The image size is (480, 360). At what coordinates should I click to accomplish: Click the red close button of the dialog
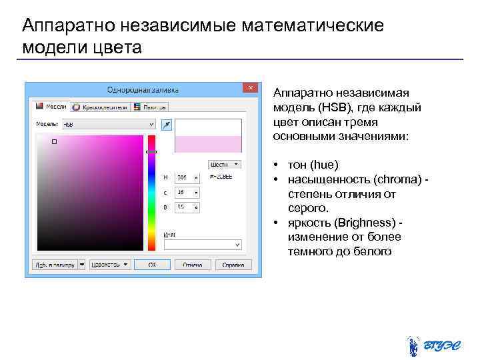click(251, 88)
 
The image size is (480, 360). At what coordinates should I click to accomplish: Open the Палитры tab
click(150, 106)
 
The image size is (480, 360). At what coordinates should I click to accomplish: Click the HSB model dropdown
click(109, 124)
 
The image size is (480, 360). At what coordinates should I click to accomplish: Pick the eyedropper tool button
click(167, 124)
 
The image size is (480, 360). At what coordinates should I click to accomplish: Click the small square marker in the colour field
click(55, 141)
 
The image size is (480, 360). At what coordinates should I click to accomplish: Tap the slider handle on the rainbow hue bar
click(151, 152)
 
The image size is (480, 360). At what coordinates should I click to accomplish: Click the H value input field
click(187, 177)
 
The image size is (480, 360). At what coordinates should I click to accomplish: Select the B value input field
click(187, 207)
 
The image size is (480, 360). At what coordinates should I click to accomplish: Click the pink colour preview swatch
click(207, 144)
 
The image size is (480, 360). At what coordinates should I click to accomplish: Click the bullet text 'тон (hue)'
click(313, 164)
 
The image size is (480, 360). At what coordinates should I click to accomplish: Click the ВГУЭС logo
click(434, 345)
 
